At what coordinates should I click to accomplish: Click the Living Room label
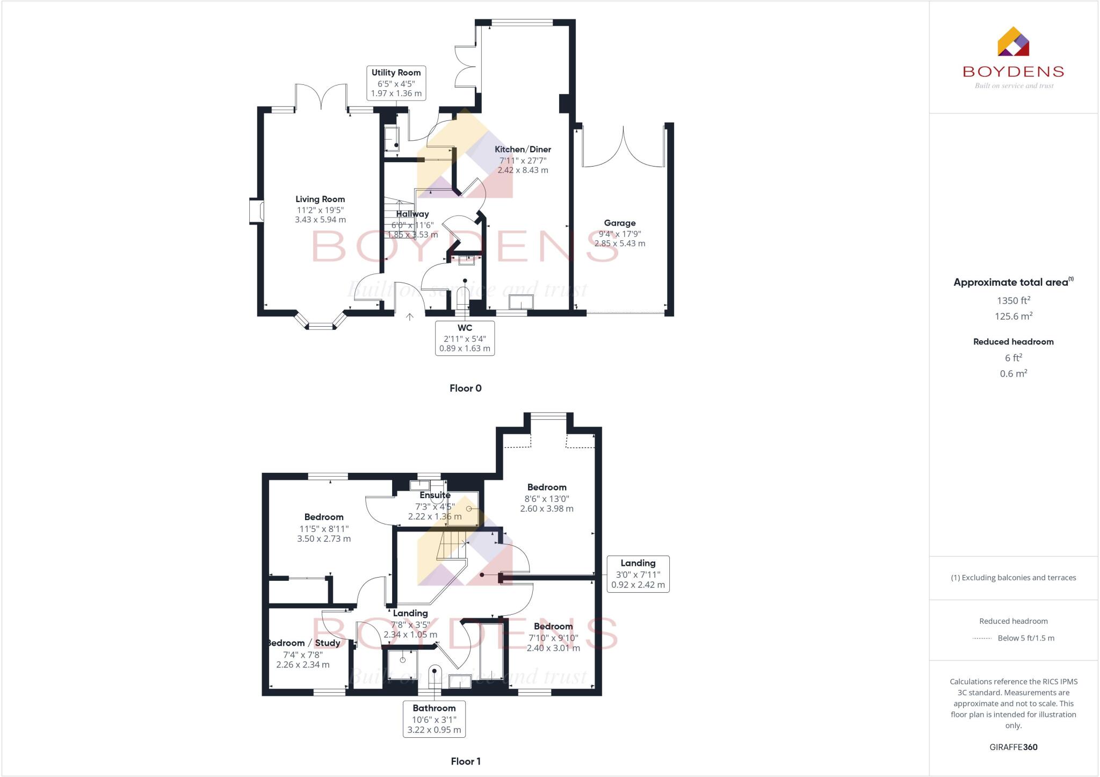[320, 199]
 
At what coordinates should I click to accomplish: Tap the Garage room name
[619, 223]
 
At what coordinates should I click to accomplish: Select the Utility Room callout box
[396, 83]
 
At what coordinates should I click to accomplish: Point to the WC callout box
[465, 338]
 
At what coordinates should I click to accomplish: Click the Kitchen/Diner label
[523, 149]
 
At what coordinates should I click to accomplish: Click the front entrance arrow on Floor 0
[409, 317]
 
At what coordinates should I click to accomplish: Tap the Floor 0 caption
[465, 388]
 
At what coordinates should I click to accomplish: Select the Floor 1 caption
[465, 761]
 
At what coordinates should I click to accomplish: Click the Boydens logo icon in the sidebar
[1013, 42]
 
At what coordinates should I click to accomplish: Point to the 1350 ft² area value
[1013, 300]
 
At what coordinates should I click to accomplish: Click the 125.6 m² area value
[1013, 316]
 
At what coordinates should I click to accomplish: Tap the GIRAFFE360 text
[1013, 747]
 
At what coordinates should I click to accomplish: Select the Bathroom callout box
[434, 718]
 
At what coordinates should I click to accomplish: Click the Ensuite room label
[435, 495]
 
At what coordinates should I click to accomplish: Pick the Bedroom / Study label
[304, 643]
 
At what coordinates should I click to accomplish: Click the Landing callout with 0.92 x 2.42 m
[638, 574]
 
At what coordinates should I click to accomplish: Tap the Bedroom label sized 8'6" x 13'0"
[547, 487]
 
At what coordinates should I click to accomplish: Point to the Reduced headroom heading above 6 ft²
[1013, 342]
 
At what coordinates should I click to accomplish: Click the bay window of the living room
[320, 323]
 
